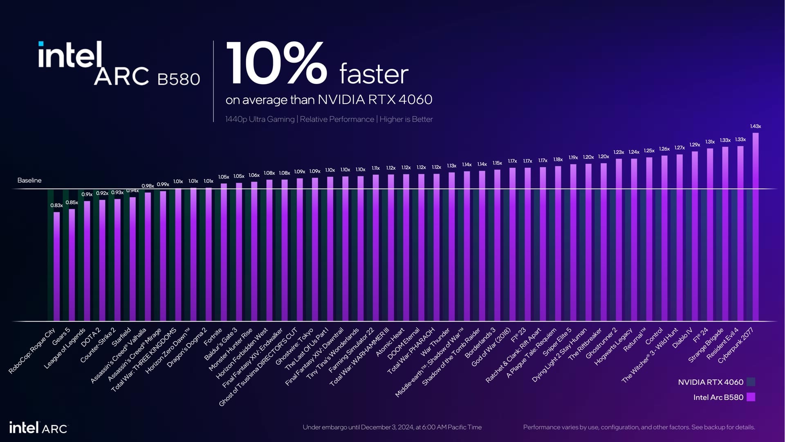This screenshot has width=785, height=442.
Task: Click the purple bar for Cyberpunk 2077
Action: [756, 227]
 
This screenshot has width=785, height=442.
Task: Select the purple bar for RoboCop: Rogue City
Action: [56, 266]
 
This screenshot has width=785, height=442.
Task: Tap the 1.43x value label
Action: [756, 126]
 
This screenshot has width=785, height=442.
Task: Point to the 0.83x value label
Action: [56, 205]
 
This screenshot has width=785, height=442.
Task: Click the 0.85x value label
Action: [72, 203]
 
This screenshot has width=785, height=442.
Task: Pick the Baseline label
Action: [29, 180]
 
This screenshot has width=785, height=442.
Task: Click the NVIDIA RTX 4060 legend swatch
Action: [751, 382]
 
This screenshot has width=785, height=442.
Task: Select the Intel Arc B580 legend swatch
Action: [751, 397]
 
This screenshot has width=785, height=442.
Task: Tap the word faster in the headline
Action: [374, 74]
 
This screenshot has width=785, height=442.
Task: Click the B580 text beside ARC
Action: [179, 79]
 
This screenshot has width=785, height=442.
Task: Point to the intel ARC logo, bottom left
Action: [38, 428]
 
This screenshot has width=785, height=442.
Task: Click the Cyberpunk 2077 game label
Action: [736, 345]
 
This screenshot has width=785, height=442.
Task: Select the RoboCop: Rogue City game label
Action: [32, 351]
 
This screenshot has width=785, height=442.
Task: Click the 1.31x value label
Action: [710, 142]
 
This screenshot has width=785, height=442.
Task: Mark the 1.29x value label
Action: [695, 144]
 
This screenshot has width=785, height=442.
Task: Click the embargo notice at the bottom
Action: [392, 427]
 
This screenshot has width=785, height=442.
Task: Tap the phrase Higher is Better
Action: [406, 119]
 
